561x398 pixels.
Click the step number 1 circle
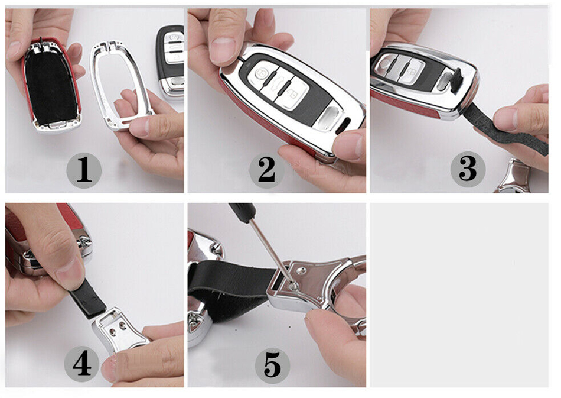pos(84,170)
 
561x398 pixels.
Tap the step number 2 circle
pos(267,170)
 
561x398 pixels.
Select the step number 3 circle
pos(468,169)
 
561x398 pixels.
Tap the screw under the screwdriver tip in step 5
pos(293,286)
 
